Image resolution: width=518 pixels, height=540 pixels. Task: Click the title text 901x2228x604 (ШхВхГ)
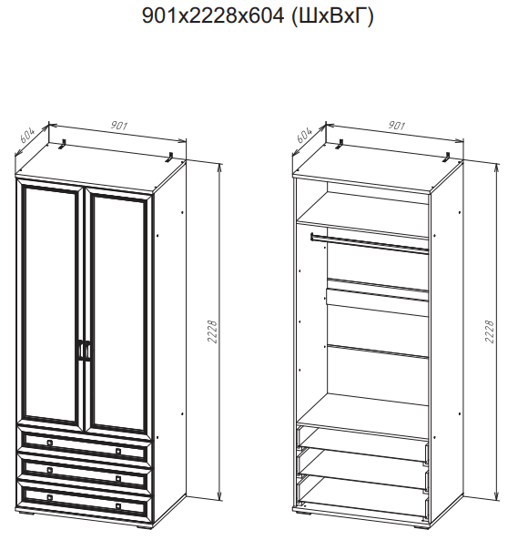pyautogui.click(x=258, y=15)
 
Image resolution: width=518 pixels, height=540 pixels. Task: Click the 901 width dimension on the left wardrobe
pyautogui.click(x=119, y=126)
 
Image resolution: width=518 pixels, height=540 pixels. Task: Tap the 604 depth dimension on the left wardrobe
pyautogui.click(x=27, y=136)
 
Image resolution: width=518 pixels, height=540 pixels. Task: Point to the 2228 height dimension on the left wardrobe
pyautogui.click(x=213, y=331)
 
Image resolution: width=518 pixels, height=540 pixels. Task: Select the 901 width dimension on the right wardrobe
pyautogui.click(x=397, y=126)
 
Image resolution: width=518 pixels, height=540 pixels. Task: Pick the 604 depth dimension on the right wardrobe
pyautogui.click(x=304, y=136)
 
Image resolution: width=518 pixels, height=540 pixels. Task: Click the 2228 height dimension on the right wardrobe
pyautogui.click(x=489, y=331)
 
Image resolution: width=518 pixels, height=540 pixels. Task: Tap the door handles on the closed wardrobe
pyautogui.click(x=85, y=351)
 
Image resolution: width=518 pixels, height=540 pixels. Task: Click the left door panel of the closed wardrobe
pyautogui.click(x=50, y=304)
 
